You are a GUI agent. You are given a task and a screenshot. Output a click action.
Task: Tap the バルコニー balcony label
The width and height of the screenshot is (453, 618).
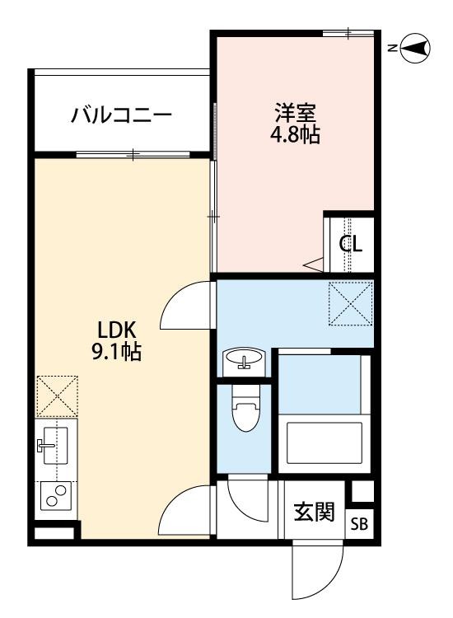pyautogui.click(x=121, y=115)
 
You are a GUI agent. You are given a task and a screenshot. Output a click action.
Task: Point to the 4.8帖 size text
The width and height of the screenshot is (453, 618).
pyautogui.click(x=296, y=135)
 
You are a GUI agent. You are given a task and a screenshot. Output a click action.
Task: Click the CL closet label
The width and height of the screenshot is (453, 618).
pyautogui.click(x=352, y=245)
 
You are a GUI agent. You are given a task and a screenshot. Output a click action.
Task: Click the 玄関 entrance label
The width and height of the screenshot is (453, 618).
pyautogui.click(x=314, y=512)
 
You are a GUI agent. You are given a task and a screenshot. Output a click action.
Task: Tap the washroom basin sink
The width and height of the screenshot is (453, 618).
pyautogui.click(x=244, y=360)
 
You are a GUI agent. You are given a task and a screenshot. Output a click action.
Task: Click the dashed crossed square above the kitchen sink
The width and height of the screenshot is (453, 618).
pyautogui.click(x=57, y=396)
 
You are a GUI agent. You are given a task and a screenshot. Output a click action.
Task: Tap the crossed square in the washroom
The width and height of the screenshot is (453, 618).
pyautogui.click(x=350, y=302)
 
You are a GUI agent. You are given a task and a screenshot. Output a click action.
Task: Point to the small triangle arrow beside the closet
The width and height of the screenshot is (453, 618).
pyautogui.click(x=314, y=265)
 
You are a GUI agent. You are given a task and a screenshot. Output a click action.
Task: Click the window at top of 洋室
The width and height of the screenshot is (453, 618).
pyautogui.click(x=348, y=34)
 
